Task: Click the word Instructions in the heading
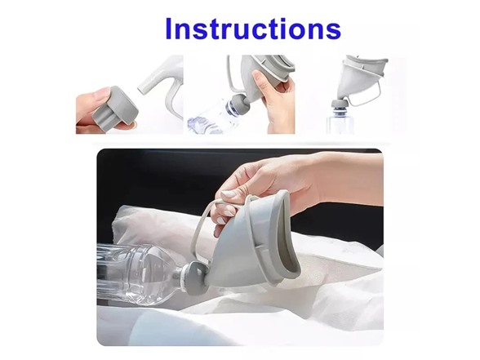click(251, 29)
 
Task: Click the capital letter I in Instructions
click(170, 29)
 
